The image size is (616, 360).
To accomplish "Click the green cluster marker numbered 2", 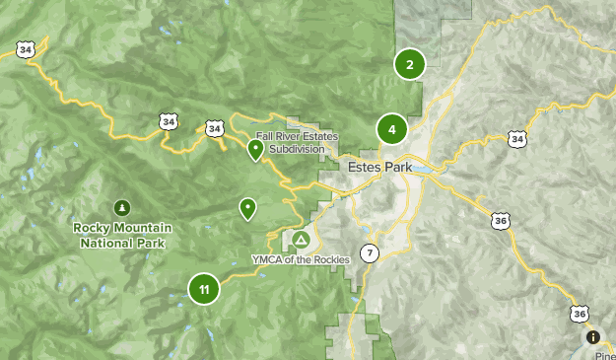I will (x=409, y=65).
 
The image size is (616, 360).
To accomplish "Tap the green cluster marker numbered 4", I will (x=391, y=129).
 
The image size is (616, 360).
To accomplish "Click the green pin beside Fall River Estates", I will (x=255, y=150).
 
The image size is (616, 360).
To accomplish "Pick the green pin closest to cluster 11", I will (x=247, y=208).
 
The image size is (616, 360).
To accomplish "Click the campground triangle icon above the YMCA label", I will (x=301, y=240).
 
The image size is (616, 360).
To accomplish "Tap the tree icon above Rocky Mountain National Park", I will (x=121, y=207).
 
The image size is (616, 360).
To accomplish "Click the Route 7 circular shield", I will (x=370, y=252).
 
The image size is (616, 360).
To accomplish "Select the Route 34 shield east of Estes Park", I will (x=516, y=140).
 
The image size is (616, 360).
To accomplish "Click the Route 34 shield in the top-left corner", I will (x=26, y=49).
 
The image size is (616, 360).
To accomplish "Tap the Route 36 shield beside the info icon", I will (x=579, y=314).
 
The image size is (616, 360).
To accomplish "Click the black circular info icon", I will (x=593, y=337).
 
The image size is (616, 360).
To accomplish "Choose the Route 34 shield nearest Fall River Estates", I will (x=214, y=128).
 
